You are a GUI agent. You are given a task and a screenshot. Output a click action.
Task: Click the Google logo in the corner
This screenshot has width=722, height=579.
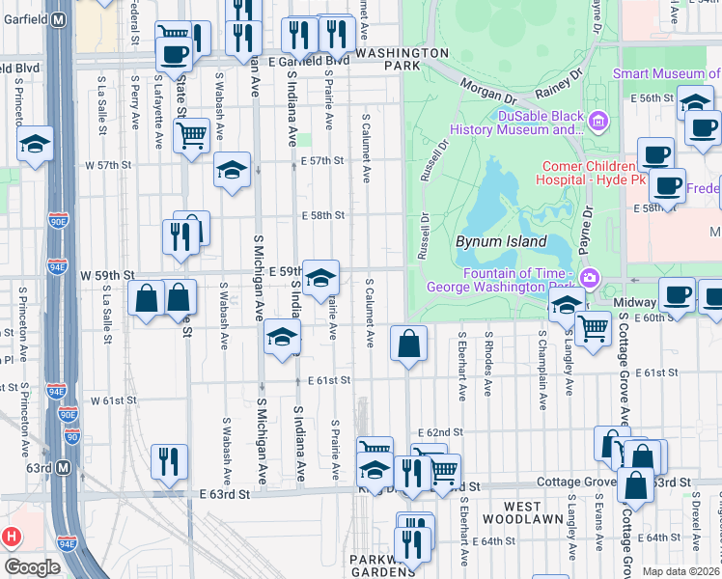click(x=31, y=567)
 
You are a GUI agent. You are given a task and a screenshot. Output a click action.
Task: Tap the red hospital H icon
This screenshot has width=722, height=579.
click(x=12, y=536)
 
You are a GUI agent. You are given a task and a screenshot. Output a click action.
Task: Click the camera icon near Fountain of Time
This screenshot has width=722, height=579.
click(x=589, y=278)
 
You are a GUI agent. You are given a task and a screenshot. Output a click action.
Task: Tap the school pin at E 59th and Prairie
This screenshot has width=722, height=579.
click(x=320, y=278)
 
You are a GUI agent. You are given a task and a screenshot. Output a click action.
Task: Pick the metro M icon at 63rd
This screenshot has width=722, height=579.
click(x=64, y=468)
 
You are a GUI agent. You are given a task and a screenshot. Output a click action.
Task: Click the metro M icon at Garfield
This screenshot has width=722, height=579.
click(x=58, y=18)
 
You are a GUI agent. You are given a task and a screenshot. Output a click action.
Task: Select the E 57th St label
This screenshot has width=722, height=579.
click(x=321, y=161)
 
